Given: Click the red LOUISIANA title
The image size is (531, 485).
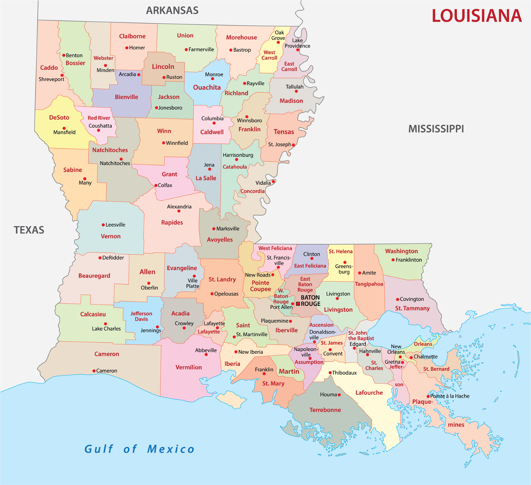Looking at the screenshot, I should [476, 16].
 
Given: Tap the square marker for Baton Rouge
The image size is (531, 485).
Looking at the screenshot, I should [298, 304].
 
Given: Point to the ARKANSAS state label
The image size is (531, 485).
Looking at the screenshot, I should [172, 11].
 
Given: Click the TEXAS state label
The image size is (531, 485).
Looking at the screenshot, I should [29, 230].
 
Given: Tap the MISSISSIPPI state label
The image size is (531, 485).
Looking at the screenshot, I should [436, 129].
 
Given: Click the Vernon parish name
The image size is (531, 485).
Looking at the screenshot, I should [111, 236].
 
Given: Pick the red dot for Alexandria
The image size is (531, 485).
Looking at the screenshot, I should [179, 211].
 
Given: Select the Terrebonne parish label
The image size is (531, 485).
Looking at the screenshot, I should [325, 410].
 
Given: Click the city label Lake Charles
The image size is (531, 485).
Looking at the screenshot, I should [106, 328].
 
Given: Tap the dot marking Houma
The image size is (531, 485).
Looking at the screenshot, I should [339, 395].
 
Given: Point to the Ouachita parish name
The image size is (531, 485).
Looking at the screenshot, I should [207, 87].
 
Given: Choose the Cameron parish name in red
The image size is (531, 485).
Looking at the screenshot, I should [107, 354].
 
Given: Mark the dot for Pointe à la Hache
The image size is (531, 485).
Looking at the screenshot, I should [428, 396].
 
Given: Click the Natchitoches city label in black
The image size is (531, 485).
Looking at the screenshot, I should [115, 163].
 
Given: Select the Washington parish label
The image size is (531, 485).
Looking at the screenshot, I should [401, 251].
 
